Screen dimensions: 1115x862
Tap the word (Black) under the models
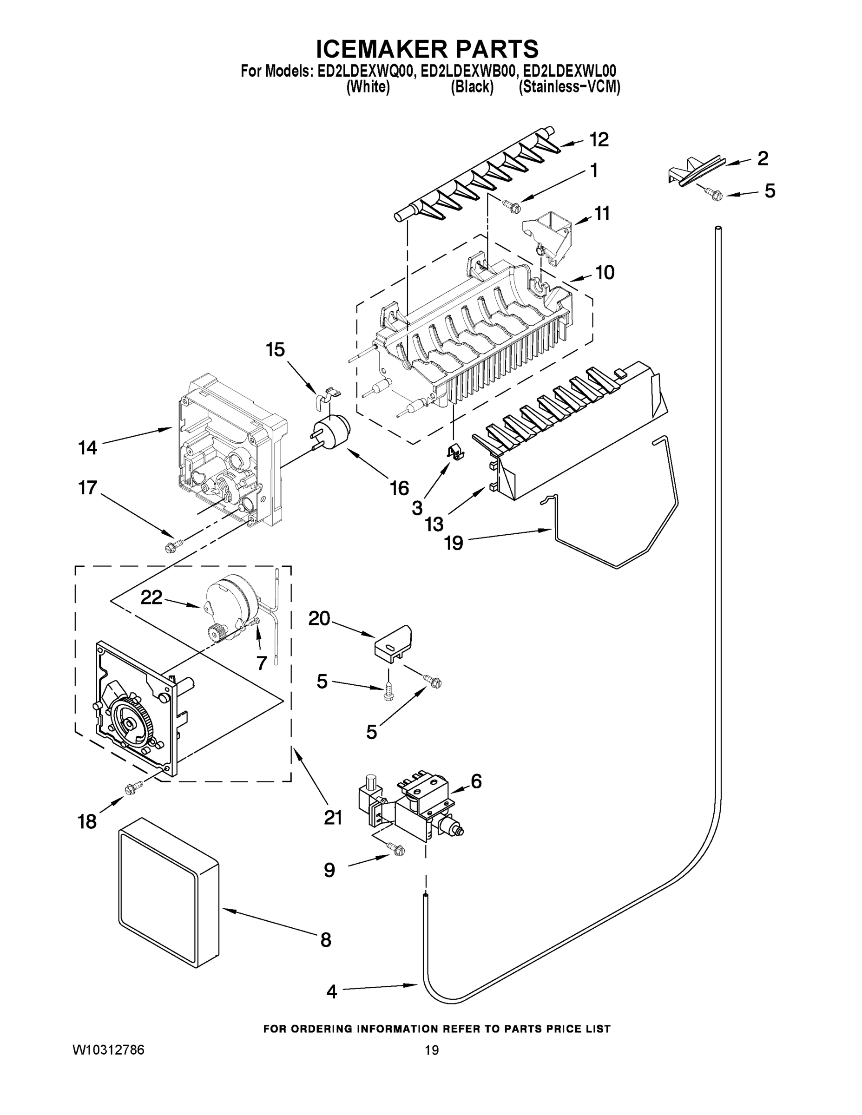click(472, 87)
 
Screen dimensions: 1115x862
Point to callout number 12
click(599, 139)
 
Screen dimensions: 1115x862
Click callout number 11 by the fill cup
click(602, 213)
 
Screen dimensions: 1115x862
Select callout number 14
click(87, 448)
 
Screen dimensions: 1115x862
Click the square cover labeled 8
click(169, 900)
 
